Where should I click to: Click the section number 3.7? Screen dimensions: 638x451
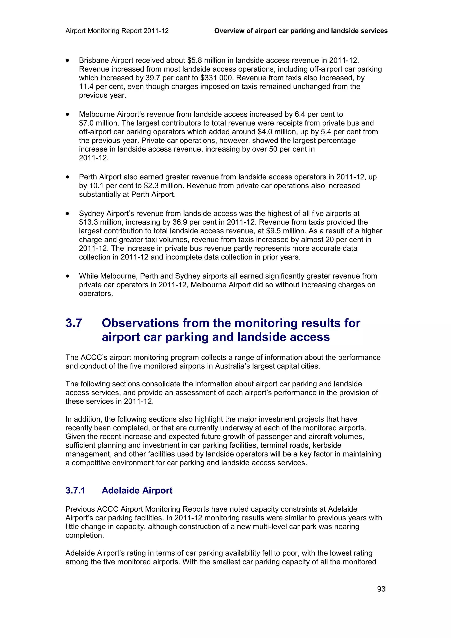point(74,323)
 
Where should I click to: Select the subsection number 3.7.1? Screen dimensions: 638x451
point(75,490)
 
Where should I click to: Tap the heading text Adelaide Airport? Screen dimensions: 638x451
point(137,490)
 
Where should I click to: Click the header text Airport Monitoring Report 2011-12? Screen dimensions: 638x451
point(117,31)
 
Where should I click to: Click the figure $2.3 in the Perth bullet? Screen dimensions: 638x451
point(152,186)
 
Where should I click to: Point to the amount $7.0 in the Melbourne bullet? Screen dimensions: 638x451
point(86,123)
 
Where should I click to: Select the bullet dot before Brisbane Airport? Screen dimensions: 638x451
point(68,60)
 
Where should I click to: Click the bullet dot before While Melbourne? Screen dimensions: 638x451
point(68,276)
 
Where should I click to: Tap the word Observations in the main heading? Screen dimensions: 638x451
point(140,323)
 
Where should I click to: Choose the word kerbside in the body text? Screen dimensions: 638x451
point(327,445)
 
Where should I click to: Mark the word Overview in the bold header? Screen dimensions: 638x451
point(229,31)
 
